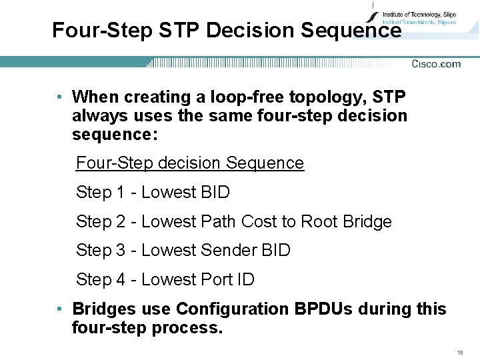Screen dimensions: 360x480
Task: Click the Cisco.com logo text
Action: point(436,64)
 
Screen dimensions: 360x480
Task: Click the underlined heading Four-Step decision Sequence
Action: point(190,163)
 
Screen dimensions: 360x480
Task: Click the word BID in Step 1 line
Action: point(215,193)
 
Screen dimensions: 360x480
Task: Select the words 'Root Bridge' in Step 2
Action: point(347,221)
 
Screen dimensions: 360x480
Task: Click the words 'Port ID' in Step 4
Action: point(227,280)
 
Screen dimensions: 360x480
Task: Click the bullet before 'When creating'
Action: point(60,97)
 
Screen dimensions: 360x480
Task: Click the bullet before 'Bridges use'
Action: point(60,309)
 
